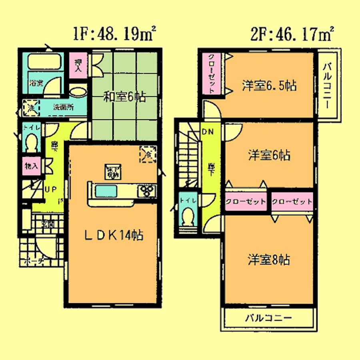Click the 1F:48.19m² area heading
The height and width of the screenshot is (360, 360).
point(114,34)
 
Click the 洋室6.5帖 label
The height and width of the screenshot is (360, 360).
point(269,85)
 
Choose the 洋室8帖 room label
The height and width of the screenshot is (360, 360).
point(268,260)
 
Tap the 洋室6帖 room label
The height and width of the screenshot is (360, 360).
point(269,155)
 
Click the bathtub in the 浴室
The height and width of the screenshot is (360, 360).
point(45,62)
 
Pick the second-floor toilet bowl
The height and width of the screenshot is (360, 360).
point(188,218)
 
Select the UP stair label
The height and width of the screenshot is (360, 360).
point(50,189)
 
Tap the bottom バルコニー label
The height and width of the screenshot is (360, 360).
point(268,318)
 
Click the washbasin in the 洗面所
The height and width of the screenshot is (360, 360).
point(78,92)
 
